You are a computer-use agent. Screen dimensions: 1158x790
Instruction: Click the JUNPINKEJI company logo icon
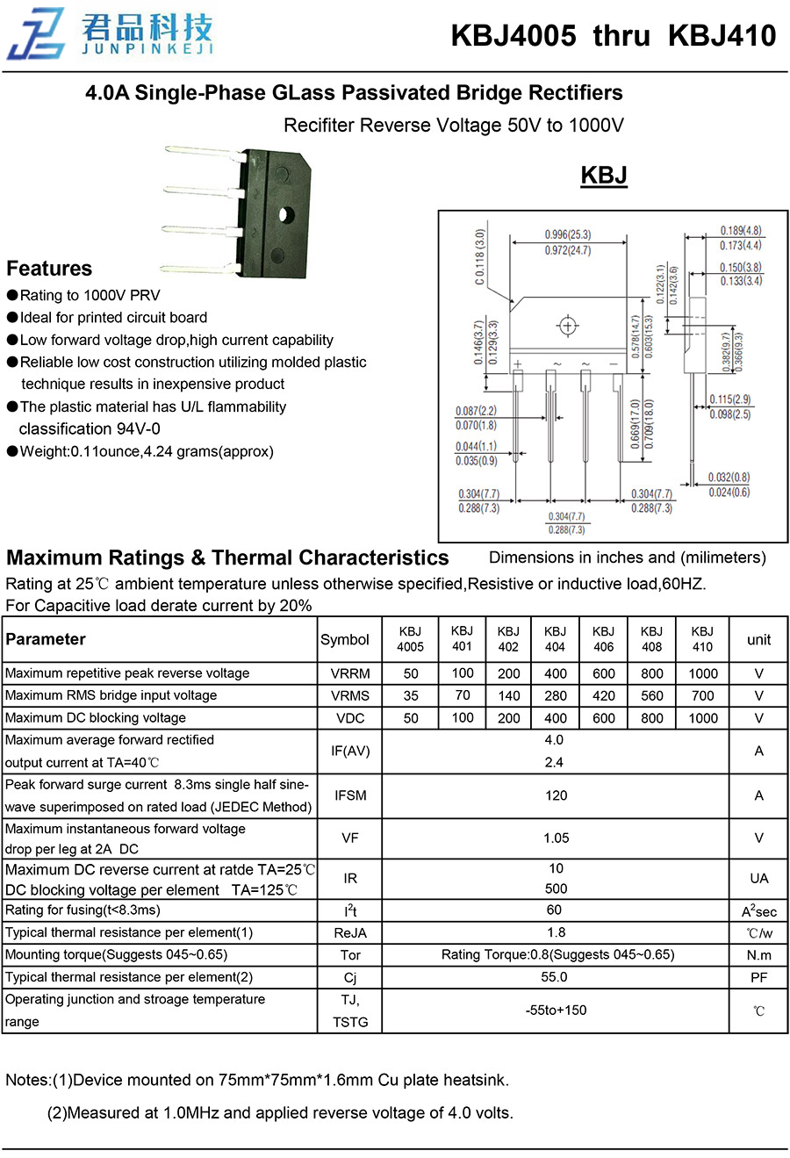(x=36, y=34)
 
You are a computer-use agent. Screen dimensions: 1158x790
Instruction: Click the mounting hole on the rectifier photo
(x=285, y=213)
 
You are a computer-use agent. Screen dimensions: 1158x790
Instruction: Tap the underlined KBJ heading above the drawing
(x=604, y=175)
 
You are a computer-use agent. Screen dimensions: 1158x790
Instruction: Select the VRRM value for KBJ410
(x=702, y=673)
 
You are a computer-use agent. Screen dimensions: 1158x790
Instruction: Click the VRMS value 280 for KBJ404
(x=555, y=695)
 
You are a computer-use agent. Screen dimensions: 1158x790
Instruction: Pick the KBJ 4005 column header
(x=410, y=639)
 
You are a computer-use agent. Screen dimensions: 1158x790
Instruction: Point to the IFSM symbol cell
(x=350, y=795)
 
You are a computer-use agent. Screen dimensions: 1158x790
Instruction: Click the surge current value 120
(x=556, y=795)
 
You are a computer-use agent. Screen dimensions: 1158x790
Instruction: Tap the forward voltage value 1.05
(x=556, y=838)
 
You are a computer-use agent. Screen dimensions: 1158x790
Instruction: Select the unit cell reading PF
(x=758, y=977)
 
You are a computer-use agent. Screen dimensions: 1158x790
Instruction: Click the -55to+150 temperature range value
(x=556, y=1010)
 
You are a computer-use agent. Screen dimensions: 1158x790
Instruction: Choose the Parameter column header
(x=46, y=639)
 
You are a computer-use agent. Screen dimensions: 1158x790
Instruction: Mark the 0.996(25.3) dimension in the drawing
(x=568, y=234)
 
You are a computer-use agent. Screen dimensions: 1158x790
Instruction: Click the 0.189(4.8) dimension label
(x=741, y=231)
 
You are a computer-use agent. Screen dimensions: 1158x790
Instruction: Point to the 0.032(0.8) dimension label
(x=729, y=478)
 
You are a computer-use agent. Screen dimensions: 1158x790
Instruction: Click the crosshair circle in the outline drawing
(x=568, y=327)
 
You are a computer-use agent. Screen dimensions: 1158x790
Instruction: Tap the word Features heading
(x=49, y=269)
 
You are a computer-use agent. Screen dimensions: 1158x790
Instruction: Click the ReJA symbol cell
(x=350, y=933)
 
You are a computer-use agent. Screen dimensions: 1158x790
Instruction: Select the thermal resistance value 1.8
(x=556, y=932)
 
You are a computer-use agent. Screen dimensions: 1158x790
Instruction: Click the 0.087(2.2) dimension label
(x=476, y=411)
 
